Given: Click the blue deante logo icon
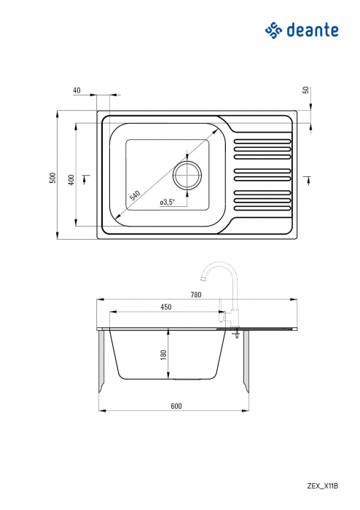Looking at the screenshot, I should click(x=273, y=30).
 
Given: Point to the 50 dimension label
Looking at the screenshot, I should click(x=306, y=90).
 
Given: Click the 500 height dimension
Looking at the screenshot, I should click(x=52, y=177).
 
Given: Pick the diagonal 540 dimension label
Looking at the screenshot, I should click(x=135, y=195).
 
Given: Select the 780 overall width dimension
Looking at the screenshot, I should click(x=195, y=294).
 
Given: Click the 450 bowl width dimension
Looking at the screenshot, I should click(x=166, y=307).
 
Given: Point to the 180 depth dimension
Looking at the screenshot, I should click(x=164, y=354).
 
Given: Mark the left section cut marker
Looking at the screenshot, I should click(x=87, y=176).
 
